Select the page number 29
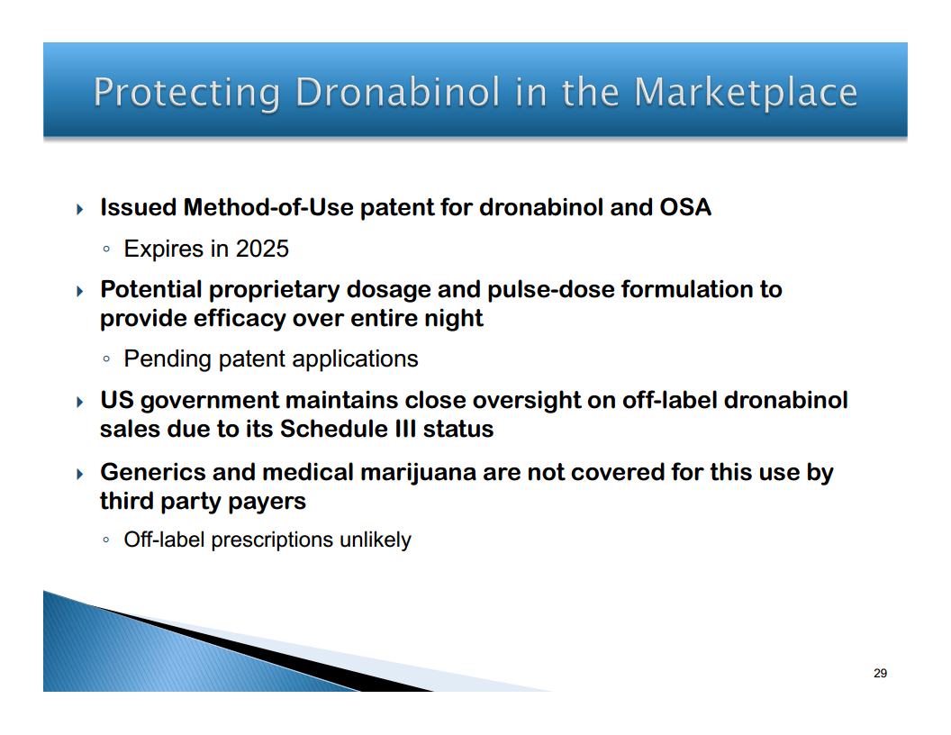880,673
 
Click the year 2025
262,249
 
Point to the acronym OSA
685,207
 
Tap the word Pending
168,359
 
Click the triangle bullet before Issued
80,210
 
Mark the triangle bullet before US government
80,402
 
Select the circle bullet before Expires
106,250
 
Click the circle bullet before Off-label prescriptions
106,540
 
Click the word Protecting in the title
186,93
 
